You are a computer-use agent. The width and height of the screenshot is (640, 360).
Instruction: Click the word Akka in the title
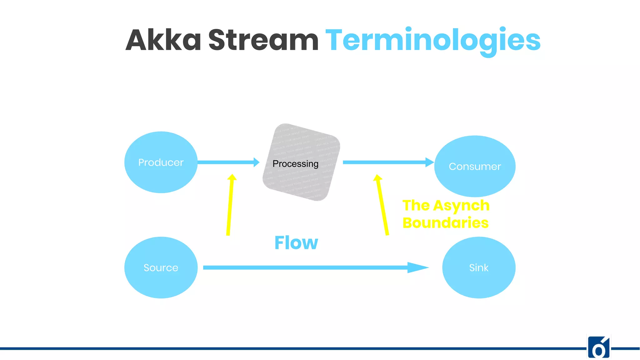pyautogui.click(x=163, y=40)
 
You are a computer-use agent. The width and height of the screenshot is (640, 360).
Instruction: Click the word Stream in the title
pyautogui.click(x=263, y=40)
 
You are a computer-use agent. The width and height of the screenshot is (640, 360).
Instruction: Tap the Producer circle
pyautogui.click(x=161, y=162)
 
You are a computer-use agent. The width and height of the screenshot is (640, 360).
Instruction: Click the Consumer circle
pyautogui.click(x=475, y=166)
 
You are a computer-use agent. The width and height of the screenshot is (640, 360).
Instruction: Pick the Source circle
pyautogui.click(x=161, y=267)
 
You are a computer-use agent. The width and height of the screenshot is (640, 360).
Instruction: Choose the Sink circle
pyautogui.click(x=478, y=267)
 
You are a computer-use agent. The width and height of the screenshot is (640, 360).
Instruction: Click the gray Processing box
pyautogui.click(x=301, y=162)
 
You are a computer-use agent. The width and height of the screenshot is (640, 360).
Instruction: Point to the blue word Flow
pyautogui.click(x=296, y=243)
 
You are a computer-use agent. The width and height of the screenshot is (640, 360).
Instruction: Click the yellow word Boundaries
pyautogui.click(x=445, y=223)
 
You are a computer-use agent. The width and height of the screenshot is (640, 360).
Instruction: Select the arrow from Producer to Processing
pyautogui.click(x=227, y=162)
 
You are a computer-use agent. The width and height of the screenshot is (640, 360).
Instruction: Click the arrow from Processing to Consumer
pyautogui.click(x=386, y=162)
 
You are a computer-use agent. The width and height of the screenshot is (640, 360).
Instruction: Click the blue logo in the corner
pyautogui.click(x=598, y=347)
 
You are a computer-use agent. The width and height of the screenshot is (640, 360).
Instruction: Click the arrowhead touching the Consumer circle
pyautogui.click(x=429, y=162)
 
